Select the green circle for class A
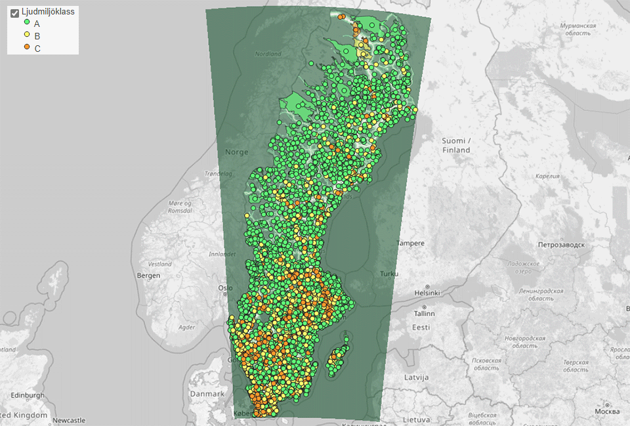27,24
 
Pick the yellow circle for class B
27,35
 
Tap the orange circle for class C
27,48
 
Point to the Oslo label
225,288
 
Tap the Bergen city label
148,276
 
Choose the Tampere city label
411,244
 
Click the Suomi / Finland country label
455,146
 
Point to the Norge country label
237,152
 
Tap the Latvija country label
416,377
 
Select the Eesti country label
421,327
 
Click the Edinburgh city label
27,395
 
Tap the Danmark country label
207,394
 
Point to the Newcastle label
69,420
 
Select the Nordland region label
268,54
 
